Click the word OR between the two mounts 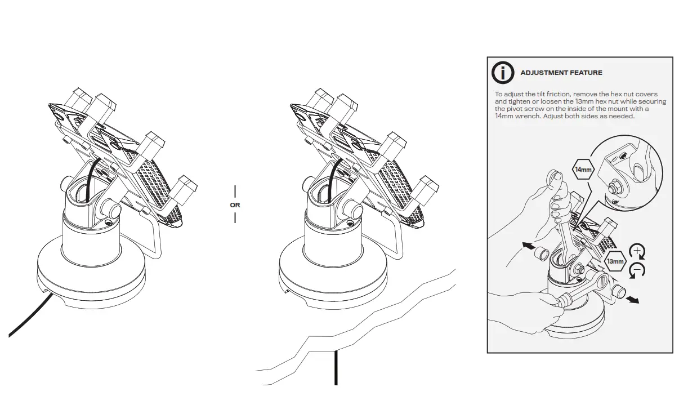[x=235, y=205]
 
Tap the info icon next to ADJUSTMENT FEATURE [x=502, y=73]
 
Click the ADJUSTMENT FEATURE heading [x=561, y=73]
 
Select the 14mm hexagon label [x=583, y=169]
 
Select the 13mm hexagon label [x=615, y=261]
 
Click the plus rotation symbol [x=636, y=251]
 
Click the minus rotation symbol [x=637, y=270]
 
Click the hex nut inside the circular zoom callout [x=617, y=185]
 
